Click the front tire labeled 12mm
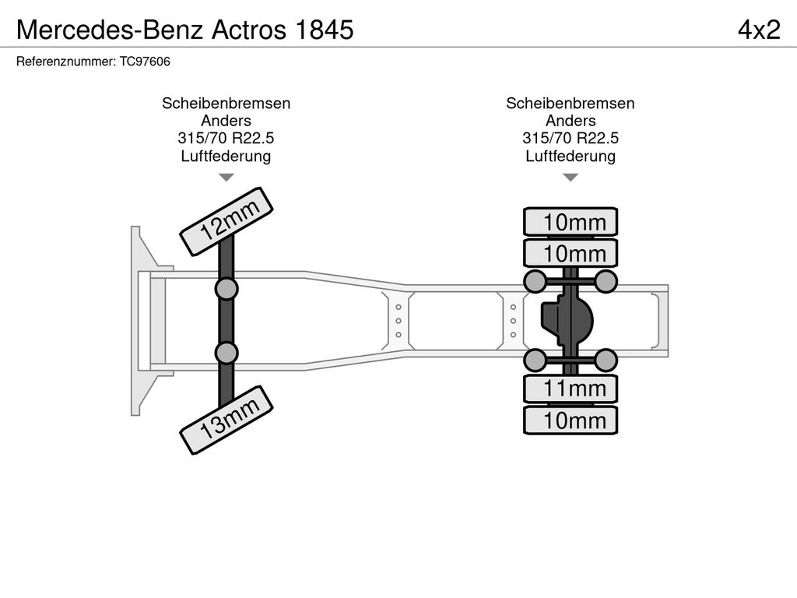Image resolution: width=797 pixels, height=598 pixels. tap(226, 221)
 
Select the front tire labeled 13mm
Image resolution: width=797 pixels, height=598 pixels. tap(226, 420)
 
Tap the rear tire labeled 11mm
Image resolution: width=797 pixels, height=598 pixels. tap(571, 389)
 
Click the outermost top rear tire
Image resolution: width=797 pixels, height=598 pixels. tap(571, 222)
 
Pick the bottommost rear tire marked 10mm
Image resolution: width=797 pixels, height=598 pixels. tap(571, 420)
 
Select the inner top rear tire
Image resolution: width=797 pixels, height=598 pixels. tap(571, 253)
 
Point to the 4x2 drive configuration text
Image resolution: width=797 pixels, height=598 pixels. tap(759, 30)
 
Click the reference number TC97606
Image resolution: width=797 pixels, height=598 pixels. tap(145, 62)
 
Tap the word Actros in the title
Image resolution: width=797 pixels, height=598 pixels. tap(248, 30)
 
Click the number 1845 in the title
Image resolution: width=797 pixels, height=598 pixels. tap(325, 30)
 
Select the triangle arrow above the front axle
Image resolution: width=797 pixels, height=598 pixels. tap(226, 178)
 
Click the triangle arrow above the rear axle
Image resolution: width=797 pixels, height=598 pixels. tap(571, 178)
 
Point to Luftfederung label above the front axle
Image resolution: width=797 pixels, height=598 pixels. tap(226, 156)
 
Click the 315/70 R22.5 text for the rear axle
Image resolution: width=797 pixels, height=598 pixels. tap(571, 138)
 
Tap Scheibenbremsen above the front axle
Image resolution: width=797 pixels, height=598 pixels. tap(226, 104)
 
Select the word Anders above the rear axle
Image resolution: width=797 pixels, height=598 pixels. tap(571, 121)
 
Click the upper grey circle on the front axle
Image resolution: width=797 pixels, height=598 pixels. tap(226, 289)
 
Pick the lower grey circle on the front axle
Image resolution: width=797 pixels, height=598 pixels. tap(226, 353)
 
